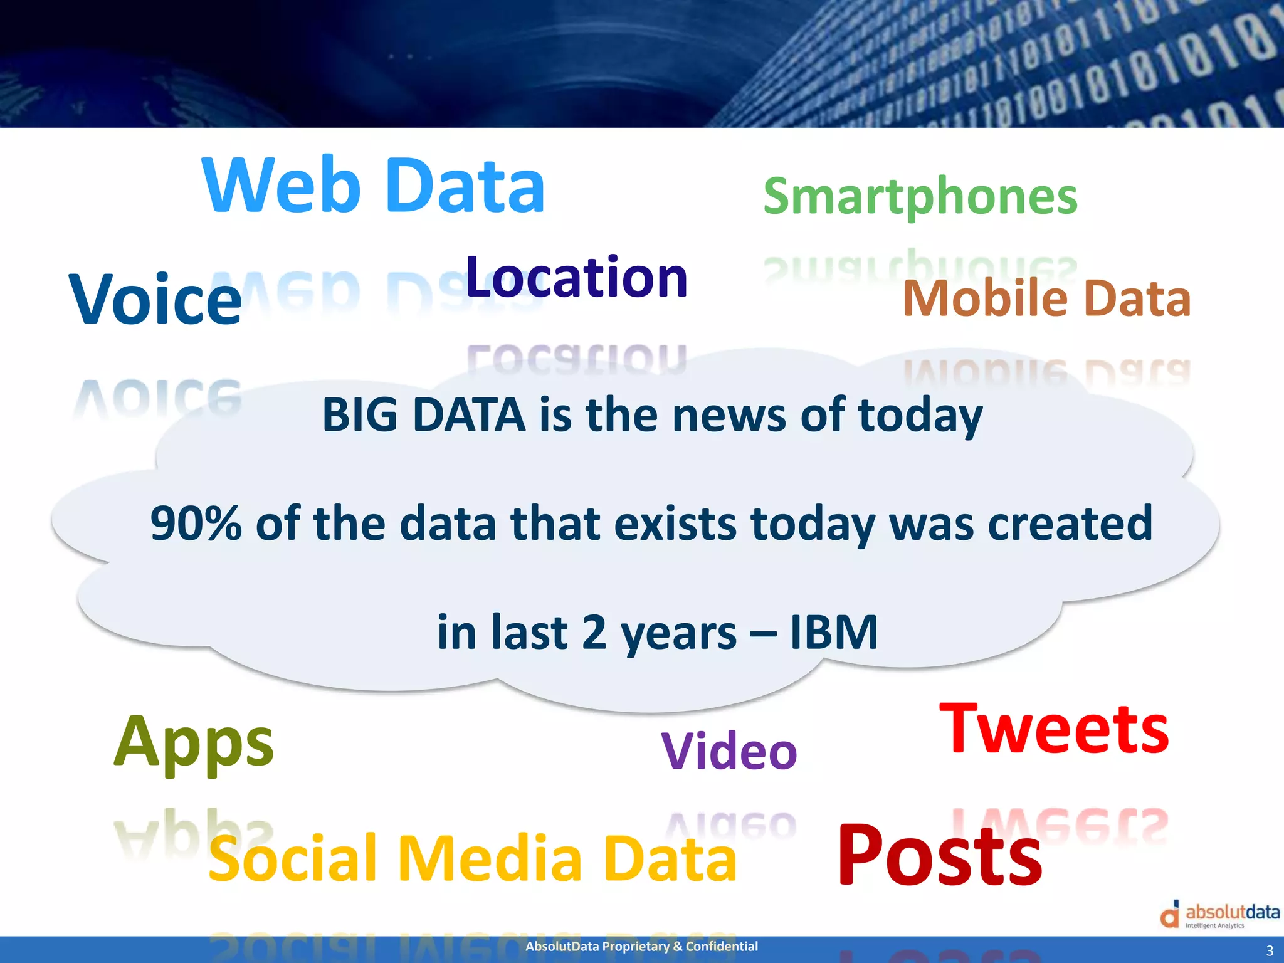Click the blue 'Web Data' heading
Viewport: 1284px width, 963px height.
pos(374,186)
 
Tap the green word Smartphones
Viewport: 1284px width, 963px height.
pos(920,197)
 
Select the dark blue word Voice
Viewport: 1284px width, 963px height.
pos(155,300)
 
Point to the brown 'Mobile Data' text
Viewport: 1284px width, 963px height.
pos(1046,298)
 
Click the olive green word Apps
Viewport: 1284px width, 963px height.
pos(194,742)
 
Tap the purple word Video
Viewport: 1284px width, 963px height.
pos(729,751)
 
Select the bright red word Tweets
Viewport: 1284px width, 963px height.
pos(1054,730)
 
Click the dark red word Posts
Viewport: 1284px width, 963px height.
pos(939,856)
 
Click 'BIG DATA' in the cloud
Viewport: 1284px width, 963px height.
pos(424,415)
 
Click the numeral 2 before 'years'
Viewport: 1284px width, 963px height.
pos(594,633)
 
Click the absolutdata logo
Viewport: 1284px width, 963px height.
pos(1219,915)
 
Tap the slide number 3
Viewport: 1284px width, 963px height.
pos(1270,950)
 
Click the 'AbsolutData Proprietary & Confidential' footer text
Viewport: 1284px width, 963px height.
pos(641,946)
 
